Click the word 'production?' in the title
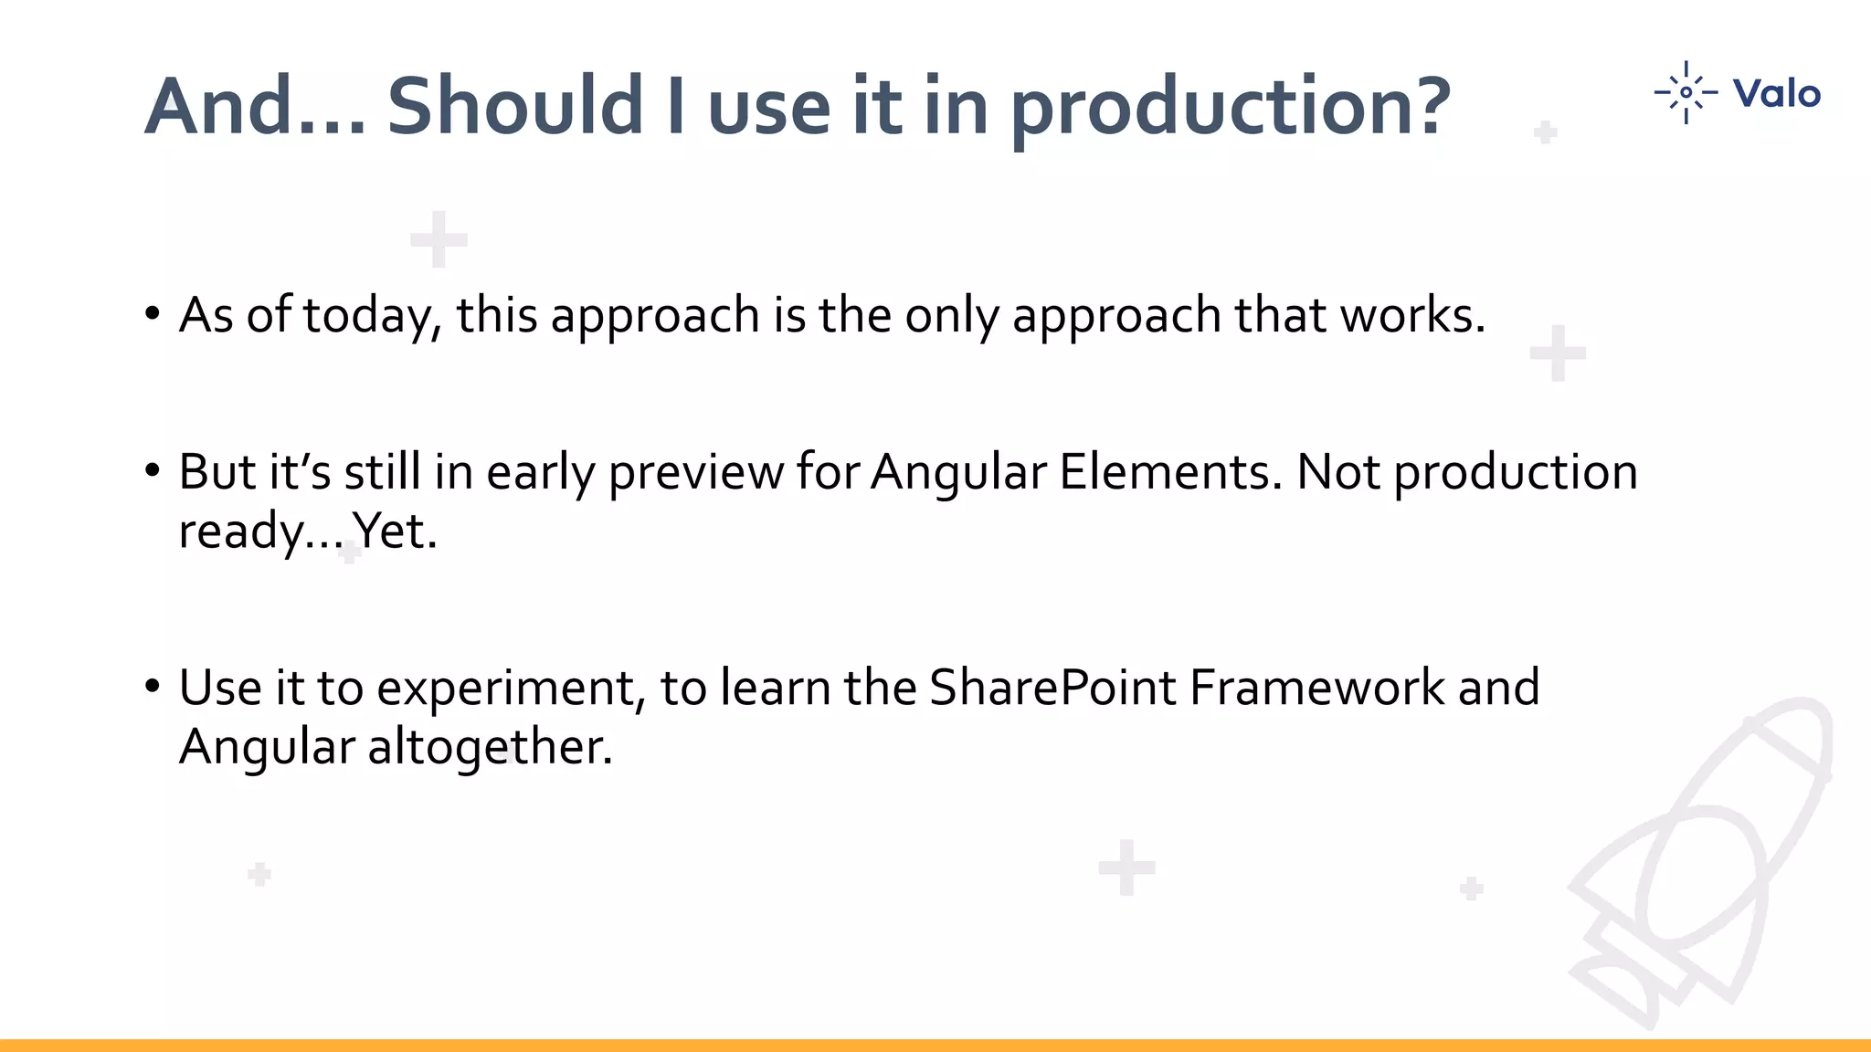1230,108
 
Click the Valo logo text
1776,93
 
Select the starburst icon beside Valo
1686,92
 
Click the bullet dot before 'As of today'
153,313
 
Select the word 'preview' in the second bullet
695,472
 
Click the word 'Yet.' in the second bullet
395,531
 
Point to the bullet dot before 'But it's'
153,471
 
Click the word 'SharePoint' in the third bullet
1052,688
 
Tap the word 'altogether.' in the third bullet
490,747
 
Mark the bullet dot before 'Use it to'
153,686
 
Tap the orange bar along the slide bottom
935,1045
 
